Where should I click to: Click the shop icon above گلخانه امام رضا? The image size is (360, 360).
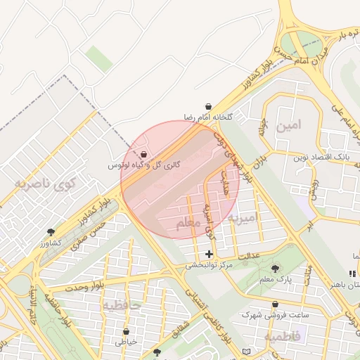pyautogui.click(x=208, y=106)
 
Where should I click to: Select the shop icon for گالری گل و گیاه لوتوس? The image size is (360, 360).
pyautogui.click(x=144, y=155)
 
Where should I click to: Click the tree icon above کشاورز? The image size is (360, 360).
pyautogui.click(x=51, y=232)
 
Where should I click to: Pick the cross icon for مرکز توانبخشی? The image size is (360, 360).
pyautogui.click(x=209, y=254)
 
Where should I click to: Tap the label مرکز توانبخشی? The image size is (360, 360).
pyautogui.click(x=209, y=266)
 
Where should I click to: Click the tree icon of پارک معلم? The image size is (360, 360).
pyautogui.click(x=275, y=268)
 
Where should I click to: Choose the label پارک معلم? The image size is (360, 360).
pyautogui.click(x=275, y=280)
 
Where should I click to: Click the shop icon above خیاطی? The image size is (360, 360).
pyautogui.click(x=126, y=331)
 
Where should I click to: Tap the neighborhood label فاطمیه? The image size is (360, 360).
pyautogui.click(x=283, y=337)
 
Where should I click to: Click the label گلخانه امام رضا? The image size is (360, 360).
pyautogui.click(x=208, y=116)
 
